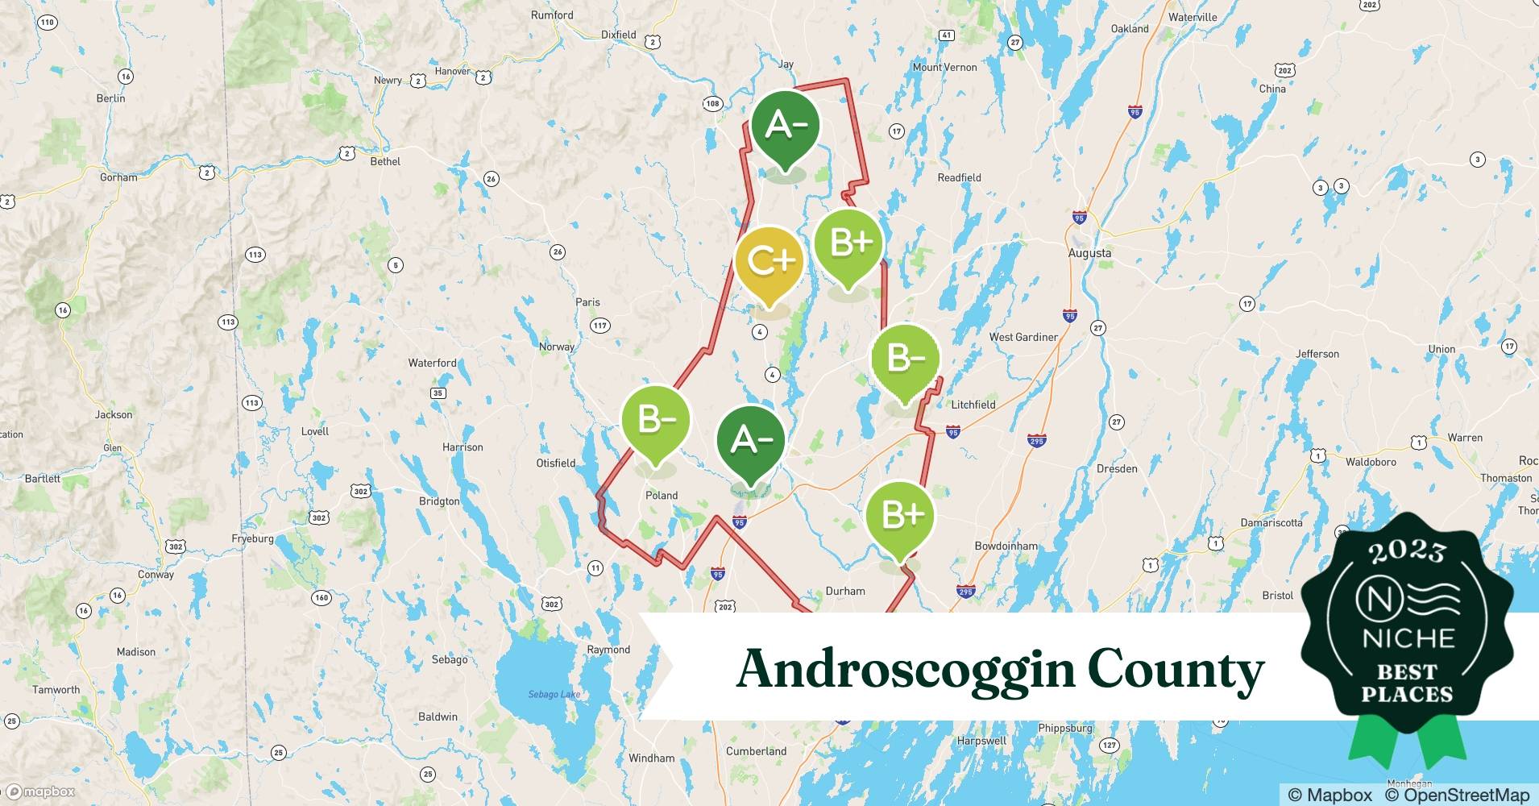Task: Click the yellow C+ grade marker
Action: coord(769,261)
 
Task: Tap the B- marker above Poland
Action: coord(656,420)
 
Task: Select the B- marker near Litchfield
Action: coord(906,359)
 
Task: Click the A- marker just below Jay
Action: coord(786,126)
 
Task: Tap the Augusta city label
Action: coord(1089,253)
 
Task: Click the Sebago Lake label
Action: coord(554,694)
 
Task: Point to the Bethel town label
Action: coord(385,161)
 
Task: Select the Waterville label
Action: coord(1193,17)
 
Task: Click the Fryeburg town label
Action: coord(252,538)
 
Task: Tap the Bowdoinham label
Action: coord(1006,546)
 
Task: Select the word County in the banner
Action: coord(1176,670)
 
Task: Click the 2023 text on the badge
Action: coord(1407,552)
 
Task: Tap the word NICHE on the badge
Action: coord(1408,638)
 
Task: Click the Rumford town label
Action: coord(552,15)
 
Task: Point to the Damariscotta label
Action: coord(1271,522)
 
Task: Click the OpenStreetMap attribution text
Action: coord(1457,795)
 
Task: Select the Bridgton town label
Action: coord(439,501)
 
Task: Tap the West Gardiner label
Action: coord(1023,337)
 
